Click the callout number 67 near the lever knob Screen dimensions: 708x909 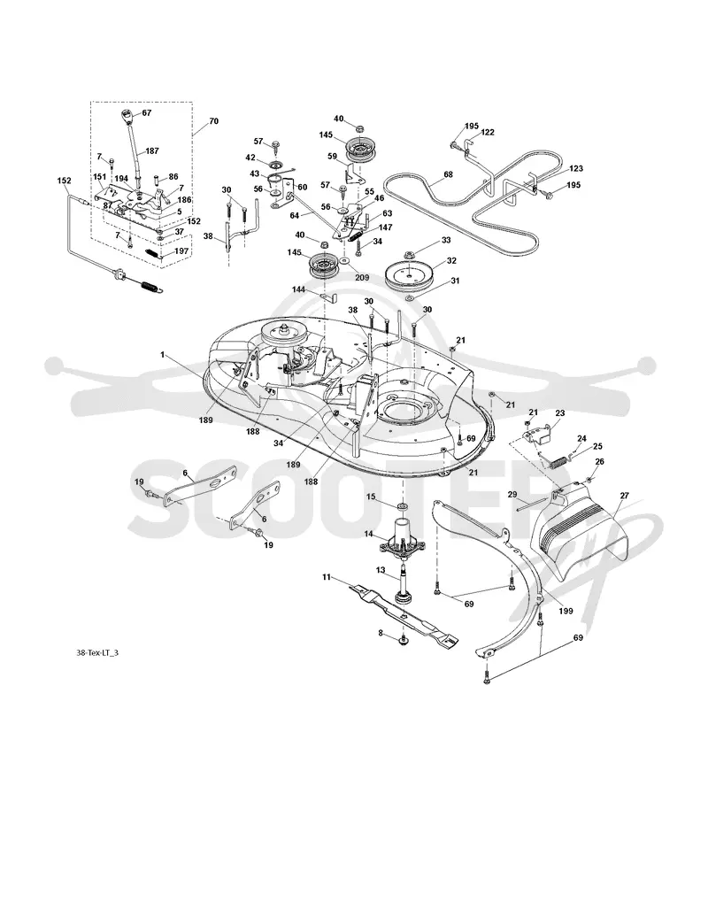coord(147,113)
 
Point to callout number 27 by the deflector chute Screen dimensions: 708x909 coord(624,496)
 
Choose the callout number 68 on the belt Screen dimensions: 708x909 coord(448,174)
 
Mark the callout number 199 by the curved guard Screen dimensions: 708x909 coord(566,611)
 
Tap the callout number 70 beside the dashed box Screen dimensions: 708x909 coord(213,121)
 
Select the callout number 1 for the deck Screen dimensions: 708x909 coord(164,353)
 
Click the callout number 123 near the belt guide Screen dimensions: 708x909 coord(576,169)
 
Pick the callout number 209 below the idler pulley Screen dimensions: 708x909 coord(362,278)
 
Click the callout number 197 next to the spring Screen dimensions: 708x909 coord(181,251)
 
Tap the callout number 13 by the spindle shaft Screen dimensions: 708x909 coord(381,570)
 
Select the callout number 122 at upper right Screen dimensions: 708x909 coord(487,132)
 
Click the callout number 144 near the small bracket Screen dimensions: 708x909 coord(298,289)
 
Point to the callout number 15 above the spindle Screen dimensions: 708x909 coord(371,497)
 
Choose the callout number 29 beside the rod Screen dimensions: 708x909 coord(512,494)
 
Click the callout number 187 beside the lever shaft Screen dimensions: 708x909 coord(151,150)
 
